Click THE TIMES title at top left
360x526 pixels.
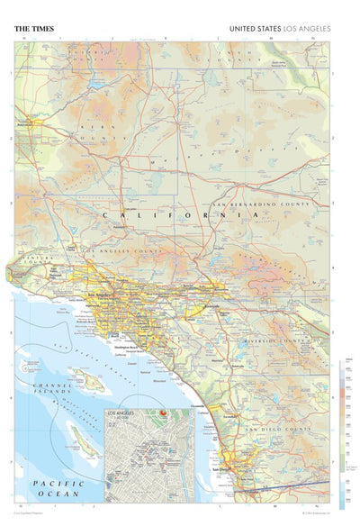coord(33,29)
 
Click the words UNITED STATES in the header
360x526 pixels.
coord(256,29)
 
